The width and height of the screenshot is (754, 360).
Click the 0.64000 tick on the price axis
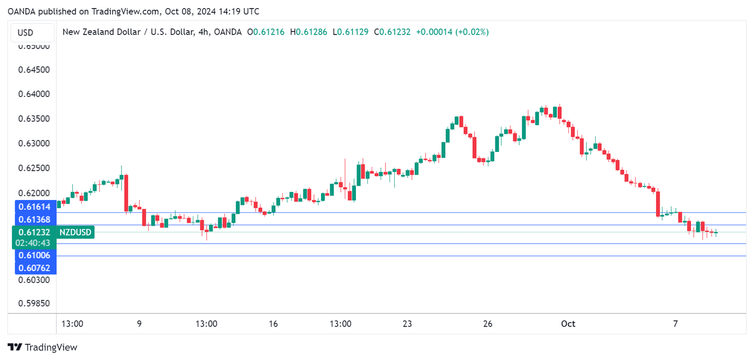pyautogui.click(x=34, y=94)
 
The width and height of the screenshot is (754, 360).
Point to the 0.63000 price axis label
pyautogui.click(x=34, y=143)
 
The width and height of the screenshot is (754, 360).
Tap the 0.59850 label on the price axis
pyautogui.click(x=34, y=303)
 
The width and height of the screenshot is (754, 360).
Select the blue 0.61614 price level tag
pyautogui.click(x=34, y=206)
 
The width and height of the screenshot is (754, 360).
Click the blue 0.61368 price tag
pyautogui.click(x=34, y=219)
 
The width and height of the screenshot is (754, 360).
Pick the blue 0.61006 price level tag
pyautogui.click(x=34, y=255)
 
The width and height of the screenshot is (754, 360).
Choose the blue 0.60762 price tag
pyautogui.click(x=34, y=268)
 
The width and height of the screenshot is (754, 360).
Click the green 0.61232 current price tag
pyautogui.click(x=34, y=232)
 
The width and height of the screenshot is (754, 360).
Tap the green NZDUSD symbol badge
pyautogui.click(x=75, y=232)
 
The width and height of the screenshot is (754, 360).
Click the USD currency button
pyautogui.click(x=25, y=33)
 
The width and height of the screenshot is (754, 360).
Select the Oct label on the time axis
pyautogui.click(x=568, y=324)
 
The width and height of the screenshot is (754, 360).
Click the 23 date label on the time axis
pyautogui.click(x=407, y=324)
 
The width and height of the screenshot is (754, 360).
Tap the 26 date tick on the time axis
pyautogui.click(x=488, y=324)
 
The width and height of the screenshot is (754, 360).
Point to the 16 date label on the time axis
pyautogui.click(x=273, y=324)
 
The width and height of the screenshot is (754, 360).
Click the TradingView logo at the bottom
pyautogui.click(x=43, y=348)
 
